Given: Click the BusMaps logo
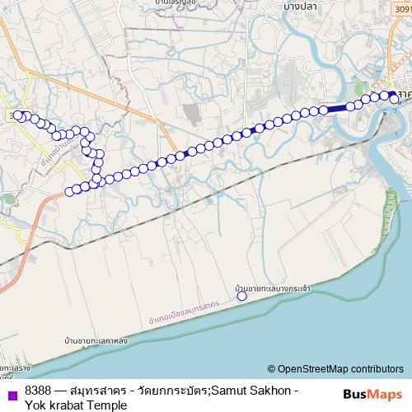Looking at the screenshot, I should tap(369, 396).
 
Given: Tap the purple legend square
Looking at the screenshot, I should tap(13, 391).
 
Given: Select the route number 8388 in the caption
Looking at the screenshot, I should tap(38, 391).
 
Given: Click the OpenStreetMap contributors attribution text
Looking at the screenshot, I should tap(340, 369).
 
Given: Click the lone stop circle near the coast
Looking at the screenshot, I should tap(241, 296).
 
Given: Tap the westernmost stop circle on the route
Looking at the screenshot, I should tap(18, 115).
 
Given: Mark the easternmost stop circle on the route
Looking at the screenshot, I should tap(394, 99).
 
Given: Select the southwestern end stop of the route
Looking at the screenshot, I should tap(68, 192).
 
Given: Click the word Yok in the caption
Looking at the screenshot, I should tap(35, 405).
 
